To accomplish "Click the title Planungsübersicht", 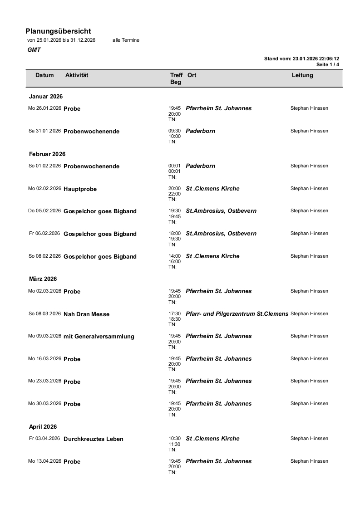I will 58,31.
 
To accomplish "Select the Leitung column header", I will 302,75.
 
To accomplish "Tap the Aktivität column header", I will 77,75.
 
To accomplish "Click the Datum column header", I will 44,75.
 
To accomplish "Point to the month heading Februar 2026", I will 47,154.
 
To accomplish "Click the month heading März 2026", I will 43,279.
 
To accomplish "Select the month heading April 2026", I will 43,427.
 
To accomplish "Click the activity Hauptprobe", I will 80,189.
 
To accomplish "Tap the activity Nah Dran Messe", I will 86,314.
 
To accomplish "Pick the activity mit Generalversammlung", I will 99,337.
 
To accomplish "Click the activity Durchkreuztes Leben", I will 94,439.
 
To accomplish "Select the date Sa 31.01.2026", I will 44,131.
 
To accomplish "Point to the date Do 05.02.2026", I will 44,211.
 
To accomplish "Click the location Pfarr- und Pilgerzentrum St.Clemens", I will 237,313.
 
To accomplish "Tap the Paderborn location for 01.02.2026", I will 201,166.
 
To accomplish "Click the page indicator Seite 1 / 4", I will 328,64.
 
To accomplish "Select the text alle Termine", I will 126,40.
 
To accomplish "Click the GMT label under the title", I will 34,50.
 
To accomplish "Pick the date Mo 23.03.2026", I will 44,382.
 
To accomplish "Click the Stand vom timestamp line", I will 301,59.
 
